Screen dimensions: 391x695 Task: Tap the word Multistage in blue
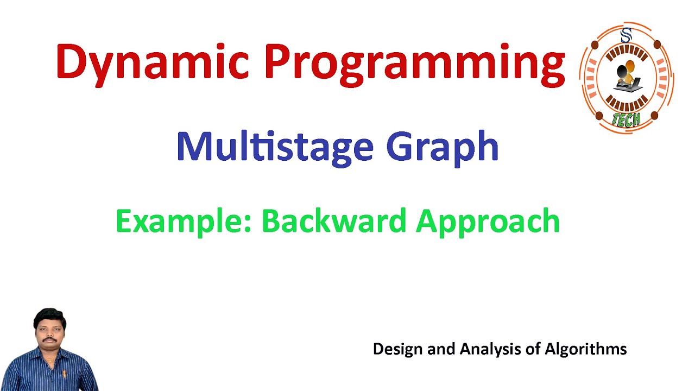tap(275, 147)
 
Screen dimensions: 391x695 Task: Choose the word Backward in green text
tap(333, 221)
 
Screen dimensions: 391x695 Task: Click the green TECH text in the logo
tap(626, 119)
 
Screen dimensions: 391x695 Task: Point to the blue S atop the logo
tap(626, 36)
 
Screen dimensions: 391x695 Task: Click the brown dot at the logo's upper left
tap(595, 45)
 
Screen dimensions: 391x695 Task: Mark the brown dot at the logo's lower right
tap(654, 115)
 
